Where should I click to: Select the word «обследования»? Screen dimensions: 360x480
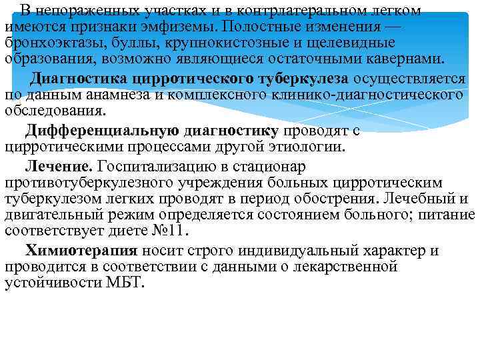pos(55,110)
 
